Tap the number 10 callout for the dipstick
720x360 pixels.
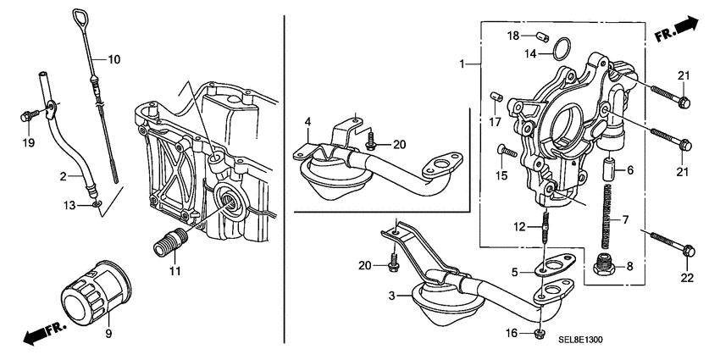pos(114,59)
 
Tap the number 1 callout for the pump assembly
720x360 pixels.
pos(462,64)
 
